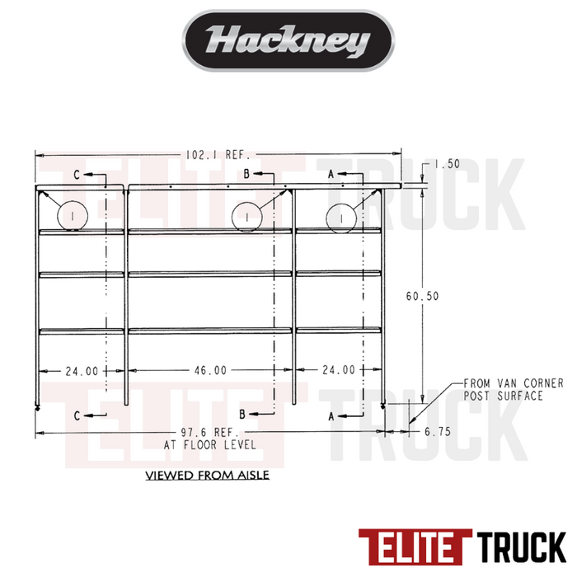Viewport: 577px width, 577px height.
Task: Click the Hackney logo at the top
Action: click(x=288, y=40)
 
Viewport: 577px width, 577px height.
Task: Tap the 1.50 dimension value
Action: click(x=446, y=164)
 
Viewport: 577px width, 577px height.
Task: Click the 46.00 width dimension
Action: click(x=209, y=371)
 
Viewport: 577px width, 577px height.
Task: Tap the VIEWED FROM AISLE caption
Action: click(x=207, y=476)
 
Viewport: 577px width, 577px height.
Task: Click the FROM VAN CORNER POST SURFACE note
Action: click(x=512, y=390)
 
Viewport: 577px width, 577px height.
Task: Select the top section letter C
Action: click(x=77, y=175)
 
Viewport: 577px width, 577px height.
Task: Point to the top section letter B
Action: click(x=245, y=175)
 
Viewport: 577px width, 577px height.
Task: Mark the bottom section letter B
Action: click(x=244, y=414)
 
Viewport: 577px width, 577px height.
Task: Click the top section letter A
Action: click(x=331, y=175)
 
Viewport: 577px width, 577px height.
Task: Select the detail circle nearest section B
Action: click(x=247, y=216)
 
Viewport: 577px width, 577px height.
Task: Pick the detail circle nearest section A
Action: click(x=341, y=216)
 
